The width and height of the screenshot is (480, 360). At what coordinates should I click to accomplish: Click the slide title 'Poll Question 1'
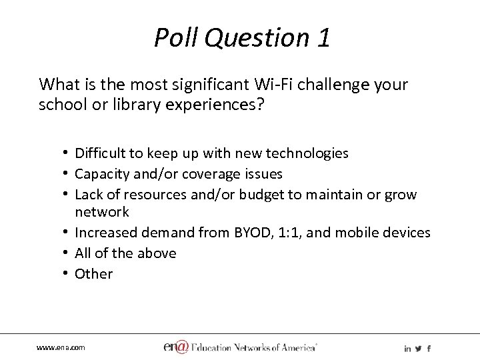click(x=241, y=38)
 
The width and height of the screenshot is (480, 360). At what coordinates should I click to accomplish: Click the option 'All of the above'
click(x=125, y=253)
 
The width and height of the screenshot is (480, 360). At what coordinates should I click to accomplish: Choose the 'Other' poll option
click(x=94, y=273)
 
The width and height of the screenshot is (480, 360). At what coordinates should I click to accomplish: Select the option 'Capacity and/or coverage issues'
click(x=179, y=174)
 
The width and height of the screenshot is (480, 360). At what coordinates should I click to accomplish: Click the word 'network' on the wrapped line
click(x=102, y=212)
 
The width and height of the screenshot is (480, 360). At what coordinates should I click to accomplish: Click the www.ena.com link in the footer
click(x=61, y=348)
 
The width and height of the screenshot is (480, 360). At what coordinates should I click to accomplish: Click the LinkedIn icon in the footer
click(x=407, y=348)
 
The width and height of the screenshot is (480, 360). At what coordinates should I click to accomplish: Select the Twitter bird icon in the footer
click(x=418, y=348)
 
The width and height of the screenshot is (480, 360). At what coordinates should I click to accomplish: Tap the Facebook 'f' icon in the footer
click(x=428, y=348)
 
